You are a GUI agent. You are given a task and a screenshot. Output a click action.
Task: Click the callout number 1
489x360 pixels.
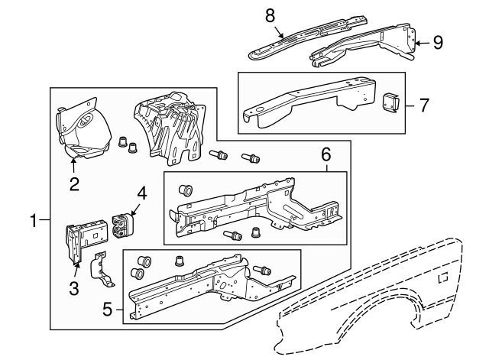tap(34, 221)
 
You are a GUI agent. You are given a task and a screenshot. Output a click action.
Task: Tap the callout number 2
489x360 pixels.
tap(74, 183)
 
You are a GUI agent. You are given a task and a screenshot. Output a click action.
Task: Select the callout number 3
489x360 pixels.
tap(74, 288)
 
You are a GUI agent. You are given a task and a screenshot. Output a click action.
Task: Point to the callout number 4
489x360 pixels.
tap(141, 191)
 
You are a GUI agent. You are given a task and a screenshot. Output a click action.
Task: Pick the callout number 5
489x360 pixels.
tap(108, 310)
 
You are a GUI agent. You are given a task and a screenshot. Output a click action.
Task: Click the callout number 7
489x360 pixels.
tap(424, 105)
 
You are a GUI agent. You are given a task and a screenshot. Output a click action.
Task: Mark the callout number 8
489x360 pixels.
tap(269, 15)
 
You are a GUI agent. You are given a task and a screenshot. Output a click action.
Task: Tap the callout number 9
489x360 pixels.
tap(438, 42)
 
